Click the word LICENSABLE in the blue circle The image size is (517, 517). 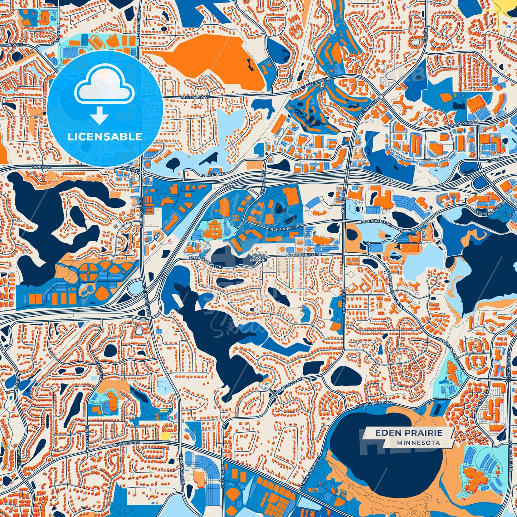pos(105,137)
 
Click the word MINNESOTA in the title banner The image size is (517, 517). pos(418,443)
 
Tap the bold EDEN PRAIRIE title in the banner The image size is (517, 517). pos(409,433)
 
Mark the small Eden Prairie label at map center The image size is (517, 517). pos(259,258)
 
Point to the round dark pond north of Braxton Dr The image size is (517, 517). pos(110,350)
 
